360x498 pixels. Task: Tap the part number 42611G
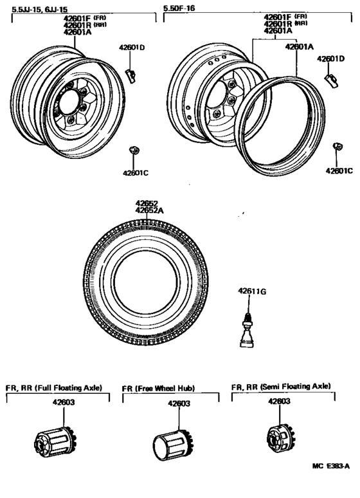tap(252, 291)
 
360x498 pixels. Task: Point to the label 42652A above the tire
tap(149, 210)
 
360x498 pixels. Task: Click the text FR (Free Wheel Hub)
tap(159, 389)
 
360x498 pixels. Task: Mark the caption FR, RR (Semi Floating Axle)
tap(281, 386)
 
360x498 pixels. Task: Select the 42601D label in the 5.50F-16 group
tap(330, 59)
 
